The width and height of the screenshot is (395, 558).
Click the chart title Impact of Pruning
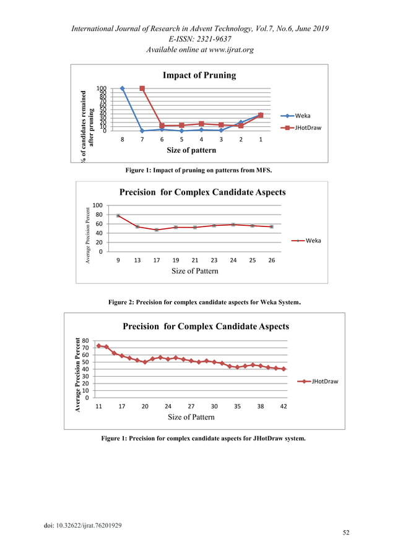(199, 75)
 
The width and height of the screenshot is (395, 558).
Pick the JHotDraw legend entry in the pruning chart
(307, 127)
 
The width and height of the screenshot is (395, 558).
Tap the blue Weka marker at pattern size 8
(123, 88)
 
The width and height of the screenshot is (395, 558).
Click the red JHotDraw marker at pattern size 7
(142, 88)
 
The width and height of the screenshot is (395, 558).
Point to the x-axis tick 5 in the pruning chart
(181, 140)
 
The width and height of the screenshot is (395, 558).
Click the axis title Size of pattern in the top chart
(191, 150)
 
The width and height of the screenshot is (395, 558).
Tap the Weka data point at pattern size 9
(118, 215)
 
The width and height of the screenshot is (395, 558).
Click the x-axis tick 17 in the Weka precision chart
(157, 260)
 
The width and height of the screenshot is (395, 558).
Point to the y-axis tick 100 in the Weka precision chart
(97, 205)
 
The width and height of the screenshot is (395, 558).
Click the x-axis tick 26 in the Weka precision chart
(272, 260)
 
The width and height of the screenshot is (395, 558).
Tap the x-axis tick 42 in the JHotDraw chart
(284, 406)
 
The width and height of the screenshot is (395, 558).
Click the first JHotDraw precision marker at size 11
(99, 346)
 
